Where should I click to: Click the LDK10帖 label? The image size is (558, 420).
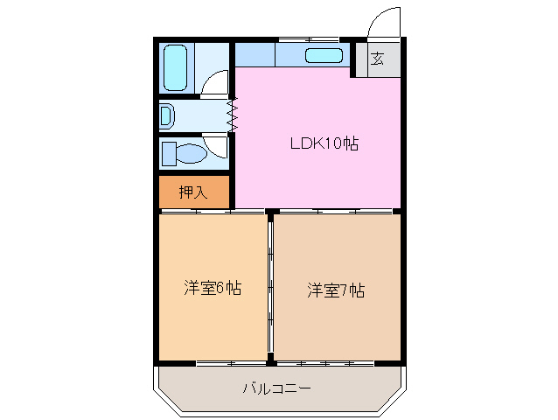click(324, 143)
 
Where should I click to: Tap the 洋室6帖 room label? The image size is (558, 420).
click(213, 288)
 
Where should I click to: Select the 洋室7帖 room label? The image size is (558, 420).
click(335, 290)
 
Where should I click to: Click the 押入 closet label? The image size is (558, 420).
click(193, 192)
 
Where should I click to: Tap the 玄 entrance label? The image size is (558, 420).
click(377, 59)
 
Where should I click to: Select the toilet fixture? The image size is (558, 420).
click(185, 154)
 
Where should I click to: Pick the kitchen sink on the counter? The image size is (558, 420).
click(324, 56)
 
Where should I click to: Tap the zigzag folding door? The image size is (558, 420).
click(233, 115)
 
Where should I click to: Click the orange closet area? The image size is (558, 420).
click(194, 192)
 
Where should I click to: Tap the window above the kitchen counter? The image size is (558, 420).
click(308, 39)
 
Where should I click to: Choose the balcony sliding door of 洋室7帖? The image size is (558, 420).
click(338, 361)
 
